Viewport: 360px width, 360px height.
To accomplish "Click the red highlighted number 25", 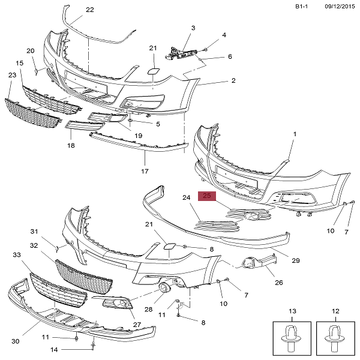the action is [206, 196].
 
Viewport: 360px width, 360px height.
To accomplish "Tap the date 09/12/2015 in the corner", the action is [340, 7].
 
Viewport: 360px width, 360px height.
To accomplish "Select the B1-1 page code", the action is [301, 7].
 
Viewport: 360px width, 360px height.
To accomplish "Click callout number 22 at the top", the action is [90, 10].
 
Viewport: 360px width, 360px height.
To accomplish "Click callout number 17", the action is [145, 171].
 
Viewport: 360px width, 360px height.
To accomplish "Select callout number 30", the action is [16, 341].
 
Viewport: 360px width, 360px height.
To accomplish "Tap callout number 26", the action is [279, 283].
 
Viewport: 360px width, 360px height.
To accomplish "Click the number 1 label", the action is [295, 134].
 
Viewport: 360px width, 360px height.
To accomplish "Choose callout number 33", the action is [17, 255].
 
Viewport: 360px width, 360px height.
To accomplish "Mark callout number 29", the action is [296, 260].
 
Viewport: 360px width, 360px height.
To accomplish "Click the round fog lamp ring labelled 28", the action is [164, 288].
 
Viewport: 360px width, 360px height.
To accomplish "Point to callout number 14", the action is [54, 350].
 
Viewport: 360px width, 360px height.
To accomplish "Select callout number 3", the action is [193, 28].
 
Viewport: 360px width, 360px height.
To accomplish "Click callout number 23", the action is [13, 75].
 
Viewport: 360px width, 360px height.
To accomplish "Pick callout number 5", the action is [158, 124].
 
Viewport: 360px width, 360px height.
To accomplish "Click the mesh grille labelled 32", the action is [84, 277].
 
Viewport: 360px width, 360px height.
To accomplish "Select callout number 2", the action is [233, 80].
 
